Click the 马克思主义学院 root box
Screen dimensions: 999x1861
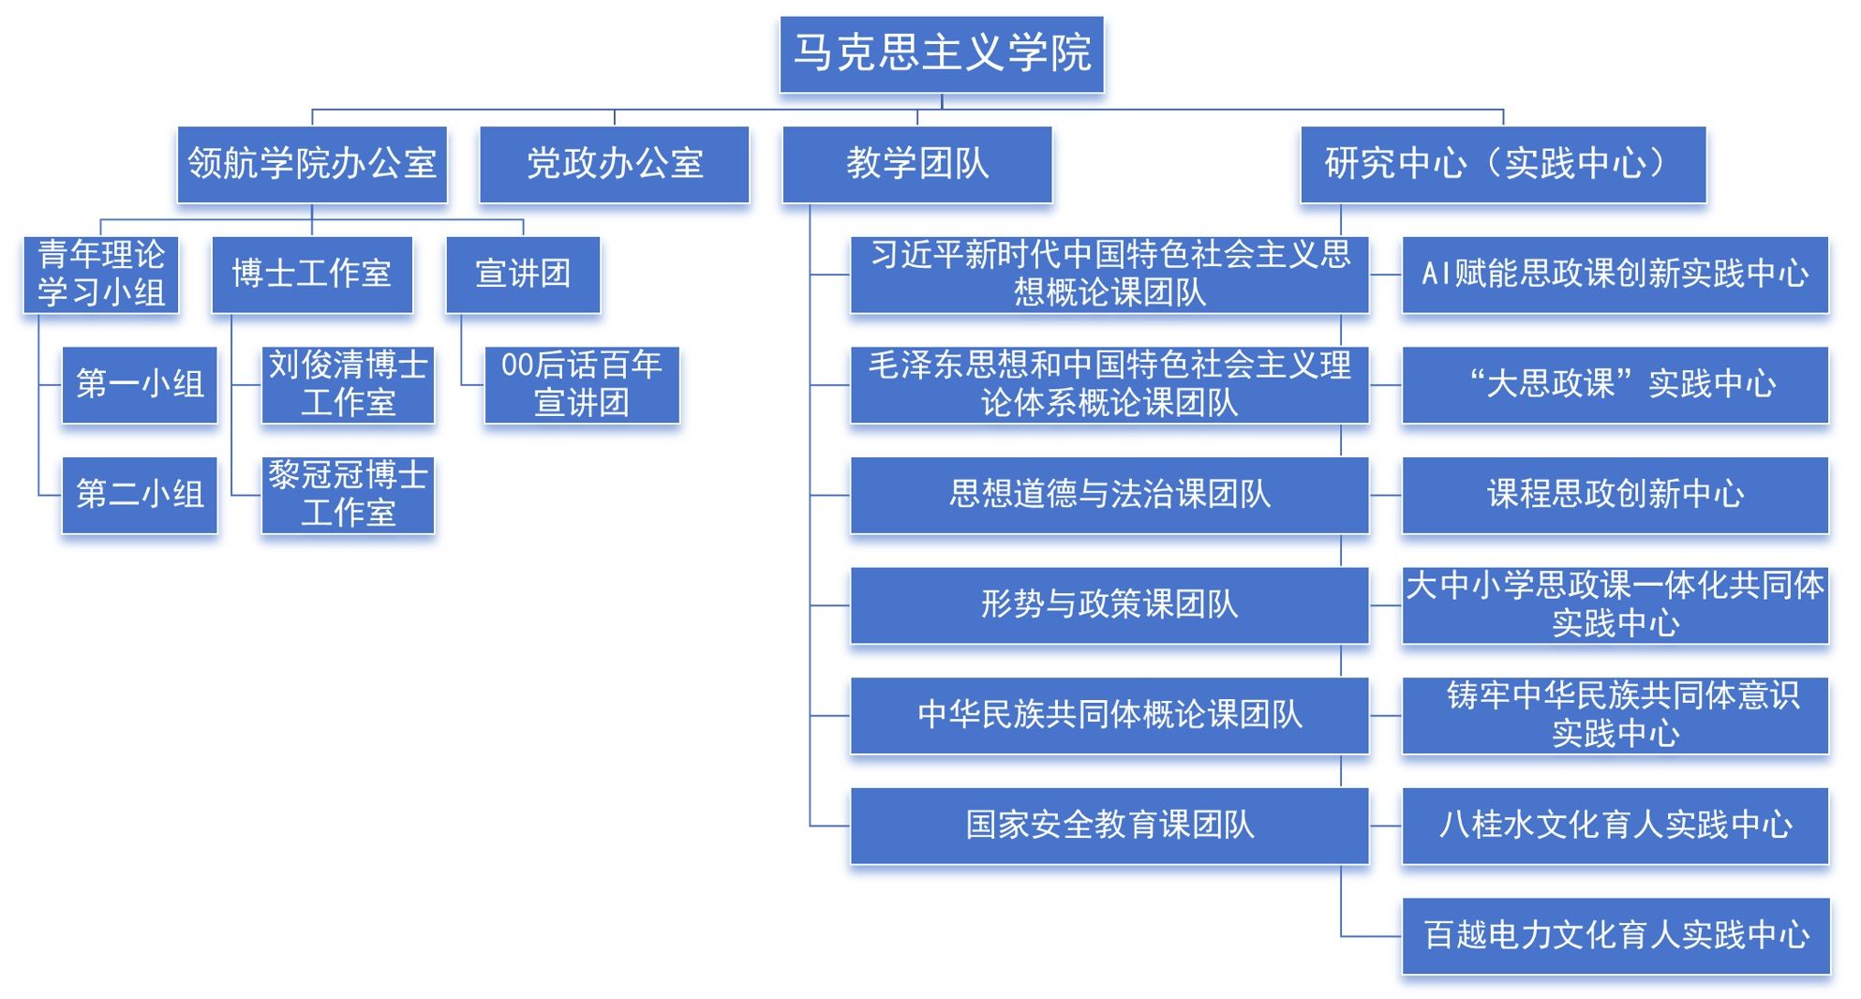tap(942, 53)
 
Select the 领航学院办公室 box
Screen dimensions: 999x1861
tap(312, 164)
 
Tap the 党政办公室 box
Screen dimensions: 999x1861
tap(615, 164)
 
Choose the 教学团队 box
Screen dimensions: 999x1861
tap(917, 164)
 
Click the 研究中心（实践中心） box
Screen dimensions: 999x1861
tap(1503, 164)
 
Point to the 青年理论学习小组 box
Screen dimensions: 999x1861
tap(101, 274)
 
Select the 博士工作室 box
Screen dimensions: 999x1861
tap(312, 274)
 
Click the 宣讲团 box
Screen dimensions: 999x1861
tap(523, 274)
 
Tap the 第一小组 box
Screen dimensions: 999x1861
tap(140, 384)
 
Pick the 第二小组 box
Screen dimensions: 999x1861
tap(140, 495)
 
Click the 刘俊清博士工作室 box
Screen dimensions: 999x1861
tap(348, 384)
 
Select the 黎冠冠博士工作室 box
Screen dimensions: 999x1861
tap(348, 495)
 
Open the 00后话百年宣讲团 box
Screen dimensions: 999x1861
tap(582, 384)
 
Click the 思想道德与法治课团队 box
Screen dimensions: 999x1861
tap(1109, 495)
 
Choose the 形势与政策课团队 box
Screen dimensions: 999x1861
tap(1109, 605)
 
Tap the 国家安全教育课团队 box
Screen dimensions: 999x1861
tap(1109, 826)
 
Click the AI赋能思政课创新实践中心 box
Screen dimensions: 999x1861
tap(1615, 274)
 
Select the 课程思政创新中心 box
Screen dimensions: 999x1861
tap(1615, 495)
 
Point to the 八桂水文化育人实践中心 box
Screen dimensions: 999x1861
tap(1615, 826)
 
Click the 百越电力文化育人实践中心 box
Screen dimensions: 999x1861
tap(1615, 935)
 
